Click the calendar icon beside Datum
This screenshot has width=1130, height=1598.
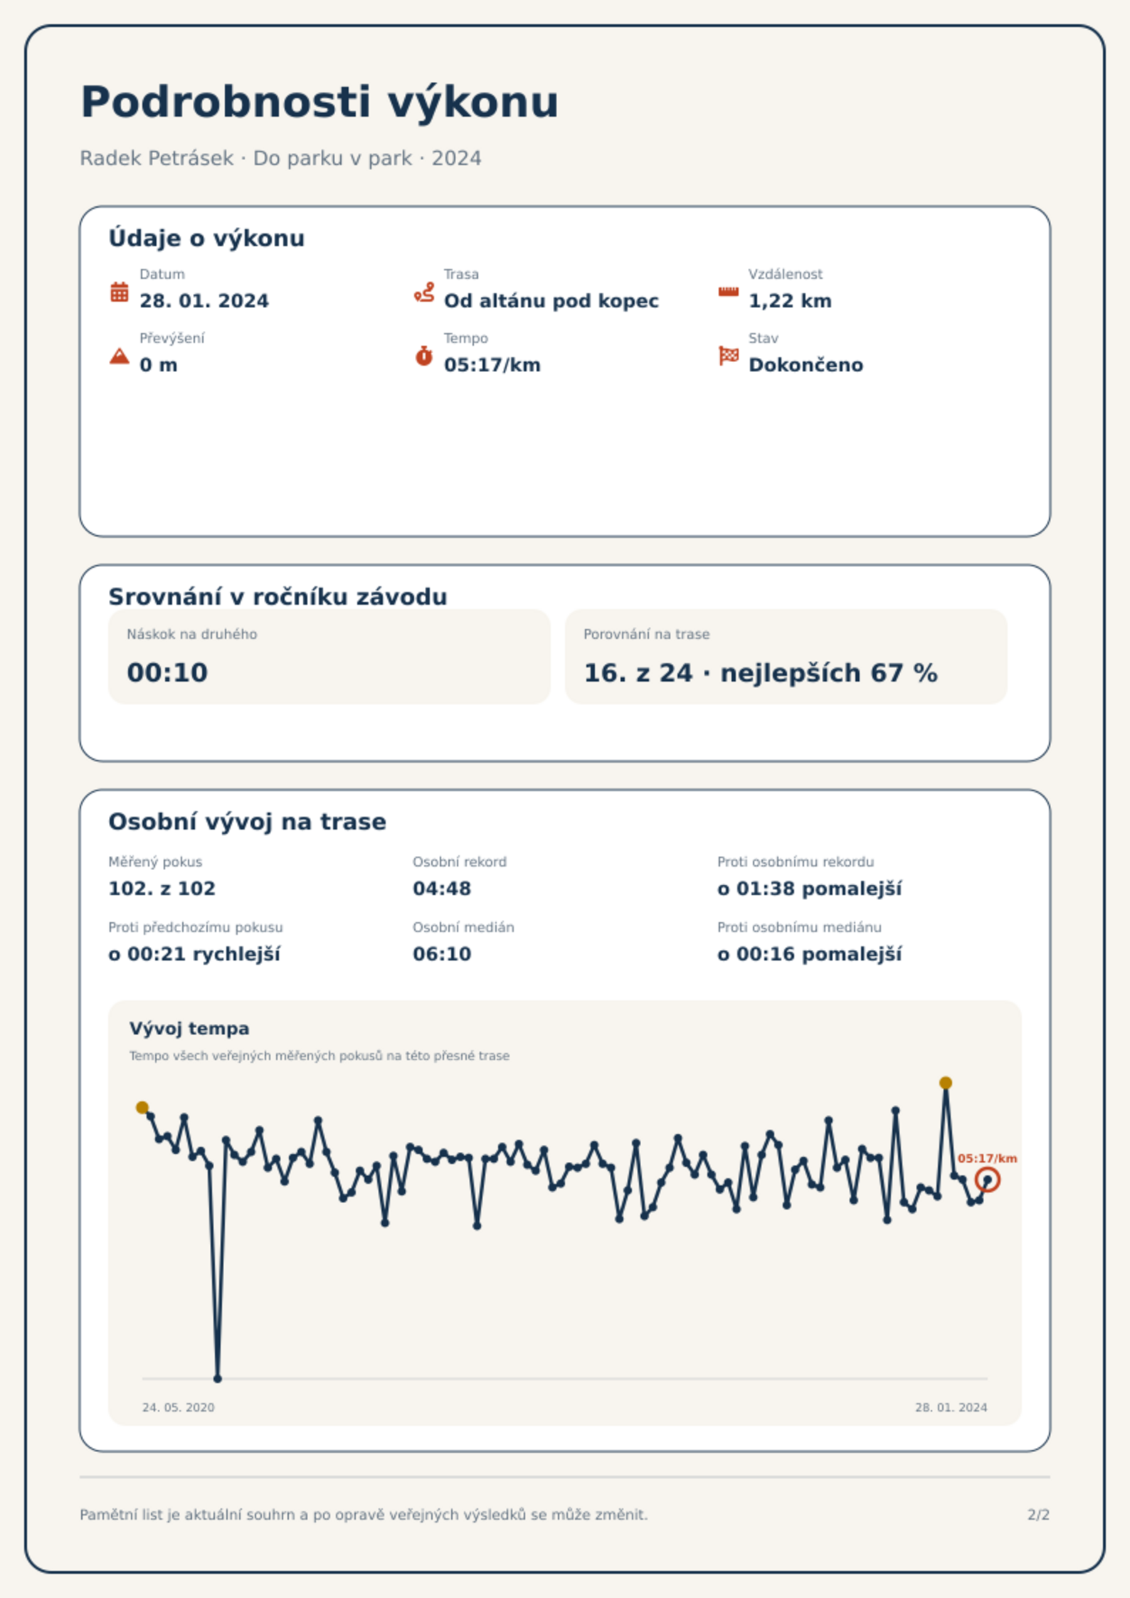[x=120, y=292]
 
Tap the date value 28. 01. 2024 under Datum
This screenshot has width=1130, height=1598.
[x=204, y=301]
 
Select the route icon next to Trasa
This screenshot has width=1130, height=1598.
[x=424, y=292]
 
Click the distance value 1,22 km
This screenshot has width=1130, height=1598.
[x=790, y=301]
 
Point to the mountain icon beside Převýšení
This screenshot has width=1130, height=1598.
[x=120, y=356]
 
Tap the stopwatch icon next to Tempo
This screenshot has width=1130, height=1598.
[x=424, y=356]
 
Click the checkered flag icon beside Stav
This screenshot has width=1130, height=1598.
[x=729, y=356]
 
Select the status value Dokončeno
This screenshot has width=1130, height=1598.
[x=806, y=365]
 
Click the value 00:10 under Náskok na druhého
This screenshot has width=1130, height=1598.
[x=167, y=672]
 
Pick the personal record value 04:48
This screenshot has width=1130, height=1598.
[x=442, y=889]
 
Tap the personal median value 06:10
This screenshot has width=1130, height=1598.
[x=442, y=954]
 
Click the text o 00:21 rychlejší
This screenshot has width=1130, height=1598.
[x=194, y=954]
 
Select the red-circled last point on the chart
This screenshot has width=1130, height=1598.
[x=988, y=1180]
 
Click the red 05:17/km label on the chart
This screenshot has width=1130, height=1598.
[x=987, y=1158]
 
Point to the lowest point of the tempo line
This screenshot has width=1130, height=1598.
[x=218, y=1378]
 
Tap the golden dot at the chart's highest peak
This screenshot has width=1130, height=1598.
[x=946, y=1083]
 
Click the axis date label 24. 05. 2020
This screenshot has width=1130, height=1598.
[x=178, y=1407]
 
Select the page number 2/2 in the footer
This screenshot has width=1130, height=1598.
[x=1038, y=1515]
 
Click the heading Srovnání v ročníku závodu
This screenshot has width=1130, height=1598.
[x=278, y=596]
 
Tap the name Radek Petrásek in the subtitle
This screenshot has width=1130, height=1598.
[x=157, y=158]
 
